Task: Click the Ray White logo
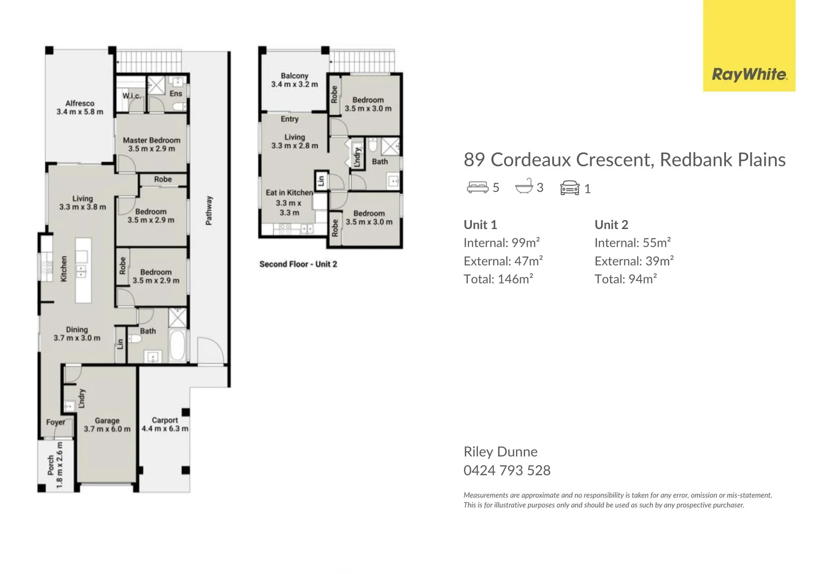749,74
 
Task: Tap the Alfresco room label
80,103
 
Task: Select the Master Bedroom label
152,140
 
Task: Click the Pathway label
209,210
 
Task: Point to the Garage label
107,420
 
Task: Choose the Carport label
165,420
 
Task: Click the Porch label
51,465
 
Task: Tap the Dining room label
77,330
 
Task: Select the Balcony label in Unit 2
295,76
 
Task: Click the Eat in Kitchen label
289,192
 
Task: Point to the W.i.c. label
132,96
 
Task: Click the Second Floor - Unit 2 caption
298,264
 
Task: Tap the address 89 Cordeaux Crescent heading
624,159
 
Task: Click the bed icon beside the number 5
477,188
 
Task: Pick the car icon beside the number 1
569,188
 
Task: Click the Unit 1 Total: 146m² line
498,279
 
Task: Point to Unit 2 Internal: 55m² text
632,243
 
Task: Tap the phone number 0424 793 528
507,470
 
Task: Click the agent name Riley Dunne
500,452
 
